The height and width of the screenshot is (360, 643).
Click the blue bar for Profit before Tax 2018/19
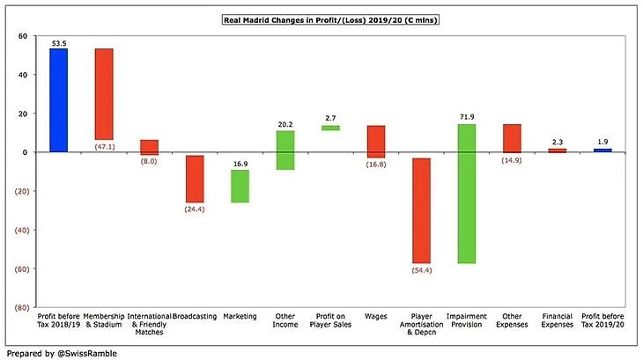click(x=58, y=99)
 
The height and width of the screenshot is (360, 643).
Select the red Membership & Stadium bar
click(x=104, y=93)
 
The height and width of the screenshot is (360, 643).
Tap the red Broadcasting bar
click(x=195, y=179)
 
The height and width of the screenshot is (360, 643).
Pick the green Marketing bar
click(x=240, y=186)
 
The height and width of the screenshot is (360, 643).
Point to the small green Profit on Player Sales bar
click(x=330, y=128)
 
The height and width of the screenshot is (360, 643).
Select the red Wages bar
click(x=376, y=142)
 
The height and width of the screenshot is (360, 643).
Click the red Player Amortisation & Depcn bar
click(x=421, y=210)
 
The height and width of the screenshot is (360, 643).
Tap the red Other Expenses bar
click(x=512, y=138)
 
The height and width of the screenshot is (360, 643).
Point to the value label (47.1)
click(x=104, y=146)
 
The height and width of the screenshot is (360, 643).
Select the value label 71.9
click(x=467, y=117)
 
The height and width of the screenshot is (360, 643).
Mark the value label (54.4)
click(x=421, y=270)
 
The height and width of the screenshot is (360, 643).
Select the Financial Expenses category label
click(x=558, y=320)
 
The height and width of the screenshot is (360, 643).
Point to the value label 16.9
click(x=240, y=163)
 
